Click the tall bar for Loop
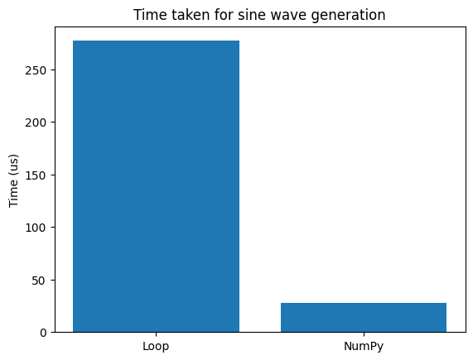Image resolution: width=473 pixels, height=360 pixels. click(156, 186)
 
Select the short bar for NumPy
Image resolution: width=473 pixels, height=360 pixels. click(364, 318)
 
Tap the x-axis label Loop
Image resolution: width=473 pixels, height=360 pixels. click(156, 347)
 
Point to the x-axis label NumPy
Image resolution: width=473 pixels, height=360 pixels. click(364, 347)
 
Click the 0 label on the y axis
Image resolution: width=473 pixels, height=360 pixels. click(43, 333)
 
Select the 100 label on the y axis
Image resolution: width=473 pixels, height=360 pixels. click(36, 228)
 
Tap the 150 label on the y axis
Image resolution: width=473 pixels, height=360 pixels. click(36, 175)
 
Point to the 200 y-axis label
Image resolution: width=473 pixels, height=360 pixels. click(36, 122)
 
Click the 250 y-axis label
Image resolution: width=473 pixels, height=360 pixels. click(36, 70)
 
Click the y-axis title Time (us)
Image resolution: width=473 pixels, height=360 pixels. click(13, 180)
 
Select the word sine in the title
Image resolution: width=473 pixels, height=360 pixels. click(249, 15)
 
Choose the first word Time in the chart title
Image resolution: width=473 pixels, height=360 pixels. click(151, 15)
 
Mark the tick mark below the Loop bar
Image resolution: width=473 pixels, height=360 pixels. click(156, 334)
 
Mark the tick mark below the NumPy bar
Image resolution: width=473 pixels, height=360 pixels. click(364, 334)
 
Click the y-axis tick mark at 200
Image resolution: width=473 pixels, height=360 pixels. click(53, 122)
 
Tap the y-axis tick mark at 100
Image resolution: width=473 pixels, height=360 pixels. click(53, 228)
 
